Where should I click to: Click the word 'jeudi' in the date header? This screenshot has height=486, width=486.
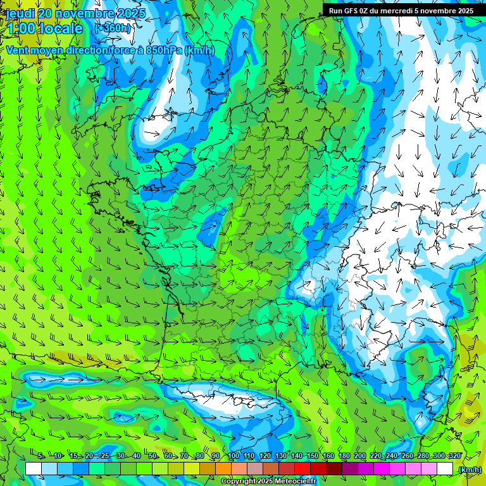tap(20, 13)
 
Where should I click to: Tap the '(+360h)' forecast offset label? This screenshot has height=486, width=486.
tap(113, 28)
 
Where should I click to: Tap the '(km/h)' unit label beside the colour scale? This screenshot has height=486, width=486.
tap(469, 470)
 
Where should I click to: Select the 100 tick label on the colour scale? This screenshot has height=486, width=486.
tap(233, 456)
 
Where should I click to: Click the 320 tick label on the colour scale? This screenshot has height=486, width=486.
tap(454, 456)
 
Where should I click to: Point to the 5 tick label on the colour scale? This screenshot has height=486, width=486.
tap(41, 456)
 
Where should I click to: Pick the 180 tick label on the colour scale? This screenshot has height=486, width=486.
tap(343, 456)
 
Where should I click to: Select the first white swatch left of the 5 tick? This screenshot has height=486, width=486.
tap(34, 468)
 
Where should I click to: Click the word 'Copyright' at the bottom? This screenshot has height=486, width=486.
tap(239, 482)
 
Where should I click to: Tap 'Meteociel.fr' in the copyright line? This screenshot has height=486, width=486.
tap(298, 482)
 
